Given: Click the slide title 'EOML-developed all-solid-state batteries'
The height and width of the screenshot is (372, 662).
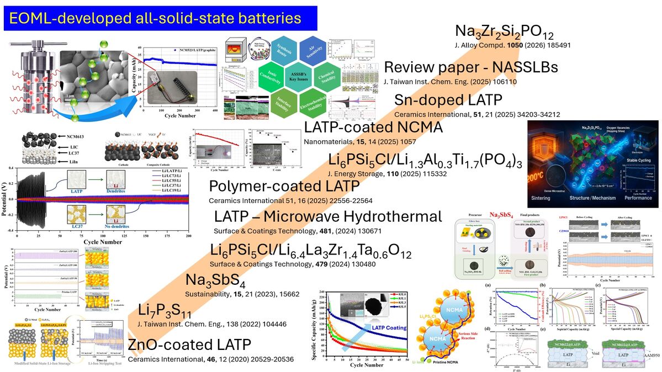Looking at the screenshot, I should click(x=155, y=18).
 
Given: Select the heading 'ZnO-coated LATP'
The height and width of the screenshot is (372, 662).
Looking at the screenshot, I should click(x=189, y=346).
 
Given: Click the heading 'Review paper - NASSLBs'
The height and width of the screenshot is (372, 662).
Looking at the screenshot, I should click(x=471, y=68).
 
